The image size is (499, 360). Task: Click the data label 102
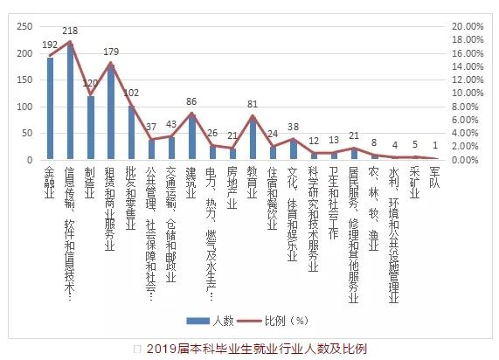click(x=131, y=93)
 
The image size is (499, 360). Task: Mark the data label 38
click(x=293, y=128)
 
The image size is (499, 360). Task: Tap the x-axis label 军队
click(x=434, y=178)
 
